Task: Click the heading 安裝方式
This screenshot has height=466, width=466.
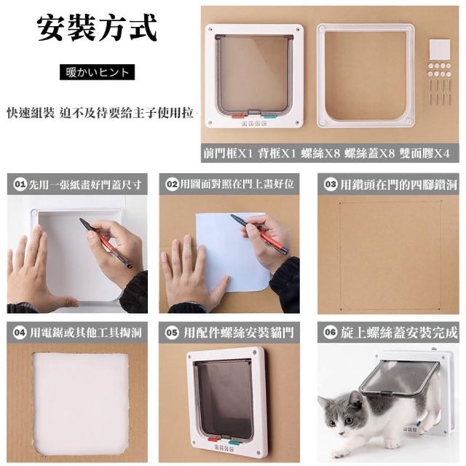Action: [97, 28]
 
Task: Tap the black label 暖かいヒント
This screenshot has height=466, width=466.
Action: [97, 72]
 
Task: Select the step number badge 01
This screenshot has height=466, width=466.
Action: [20, 184]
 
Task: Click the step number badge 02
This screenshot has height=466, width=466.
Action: [172, 184]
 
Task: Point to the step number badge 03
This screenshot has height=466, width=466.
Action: [331, 184]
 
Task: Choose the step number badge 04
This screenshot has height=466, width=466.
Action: [20, 332]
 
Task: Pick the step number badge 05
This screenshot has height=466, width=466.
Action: [172, 332]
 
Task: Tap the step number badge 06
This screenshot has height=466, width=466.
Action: [331, 332]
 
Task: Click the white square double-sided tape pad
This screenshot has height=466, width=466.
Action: [440, 49]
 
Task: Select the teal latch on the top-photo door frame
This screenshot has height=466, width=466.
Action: [269, 115]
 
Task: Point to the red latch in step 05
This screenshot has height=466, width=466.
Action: [214, 438]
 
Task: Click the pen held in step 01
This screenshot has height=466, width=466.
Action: [105, 242]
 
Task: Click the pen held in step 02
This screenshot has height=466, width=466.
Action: [259, 234]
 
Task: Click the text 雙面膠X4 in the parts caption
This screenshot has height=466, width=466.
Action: [424, 154]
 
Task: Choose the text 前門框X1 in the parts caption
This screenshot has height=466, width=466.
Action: [228, 154]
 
